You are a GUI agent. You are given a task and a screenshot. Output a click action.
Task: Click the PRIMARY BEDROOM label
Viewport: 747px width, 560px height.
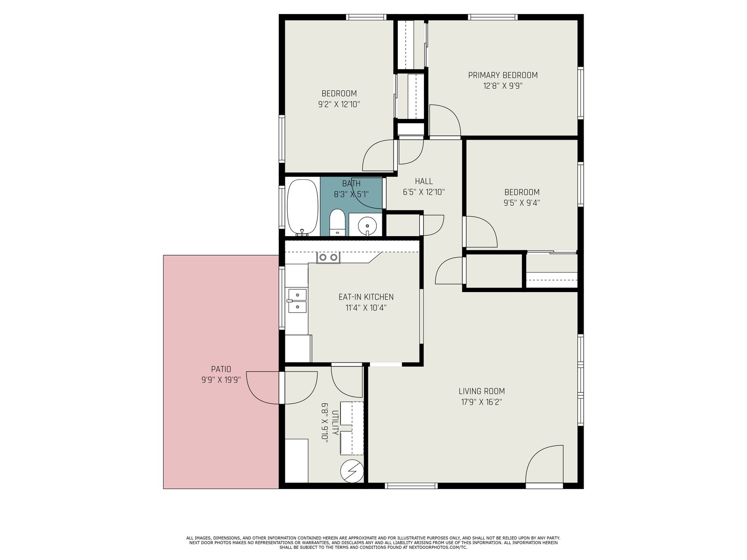[x=503, y=75]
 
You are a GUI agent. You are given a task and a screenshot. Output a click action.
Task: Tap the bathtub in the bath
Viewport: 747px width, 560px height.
[x=303, y=207]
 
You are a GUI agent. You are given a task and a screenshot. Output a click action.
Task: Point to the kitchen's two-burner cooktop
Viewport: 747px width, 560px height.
[x=328, y=258]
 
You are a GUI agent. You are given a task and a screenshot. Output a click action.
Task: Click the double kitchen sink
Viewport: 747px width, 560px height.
[x=297, y=301]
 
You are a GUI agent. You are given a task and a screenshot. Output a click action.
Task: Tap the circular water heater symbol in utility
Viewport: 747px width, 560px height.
[x=352, y=471]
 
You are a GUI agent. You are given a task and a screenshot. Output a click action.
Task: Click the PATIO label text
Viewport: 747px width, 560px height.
[x=221, y=369]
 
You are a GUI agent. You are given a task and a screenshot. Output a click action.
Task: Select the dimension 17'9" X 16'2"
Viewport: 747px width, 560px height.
[x=481, y=402]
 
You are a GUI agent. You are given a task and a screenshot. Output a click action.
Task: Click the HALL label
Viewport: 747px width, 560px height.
[x=424, y=181]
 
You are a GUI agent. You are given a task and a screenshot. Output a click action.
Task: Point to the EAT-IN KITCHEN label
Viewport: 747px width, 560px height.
[x=366, y=297]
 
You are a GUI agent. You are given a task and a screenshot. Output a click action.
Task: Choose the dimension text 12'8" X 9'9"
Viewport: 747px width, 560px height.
[x=503, y=86]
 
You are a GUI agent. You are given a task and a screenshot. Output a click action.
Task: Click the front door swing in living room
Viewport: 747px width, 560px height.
[x=544, y=464]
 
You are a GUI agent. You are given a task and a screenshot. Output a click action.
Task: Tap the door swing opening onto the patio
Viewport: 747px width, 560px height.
[x=282, y=388]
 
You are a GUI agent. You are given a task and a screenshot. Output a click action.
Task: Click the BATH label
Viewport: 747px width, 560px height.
[x=351, y=183]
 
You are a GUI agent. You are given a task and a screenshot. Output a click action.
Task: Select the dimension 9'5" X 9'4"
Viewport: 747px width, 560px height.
[x=521, y=203]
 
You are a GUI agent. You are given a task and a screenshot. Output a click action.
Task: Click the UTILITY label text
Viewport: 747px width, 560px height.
[x=335, y=423]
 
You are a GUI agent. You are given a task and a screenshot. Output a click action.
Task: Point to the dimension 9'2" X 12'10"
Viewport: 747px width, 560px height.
[x=339, y=104]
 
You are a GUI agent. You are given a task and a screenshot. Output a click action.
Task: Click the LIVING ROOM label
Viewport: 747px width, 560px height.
[x=481, y=391]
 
